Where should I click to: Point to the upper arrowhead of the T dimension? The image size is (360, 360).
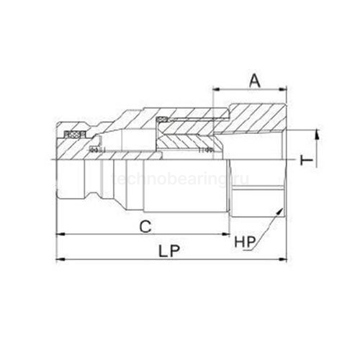(x=315, y=132)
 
